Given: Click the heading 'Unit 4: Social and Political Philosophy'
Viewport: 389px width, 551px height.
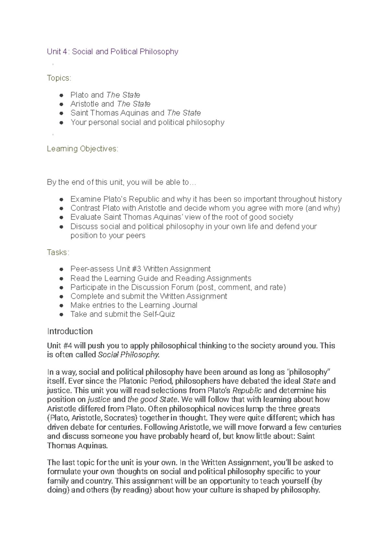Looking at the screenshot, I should click(x=112, y=52).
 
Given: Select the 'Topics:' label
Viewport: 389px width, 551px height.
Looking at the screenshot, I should click(x=59, y=78).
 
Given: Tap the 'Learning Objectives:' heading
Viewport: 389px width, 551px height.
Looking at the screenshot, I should click(x=83, y=149).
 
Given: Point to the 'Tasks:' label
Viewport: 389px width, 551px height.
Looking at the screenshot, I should click(x=58, y=252).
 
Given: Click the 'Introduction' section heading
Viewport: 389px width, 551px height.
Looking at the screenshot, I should click(x=70, y=331).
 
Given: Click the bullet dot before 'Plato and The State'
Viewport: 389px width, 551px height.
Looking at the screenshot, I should click(x=61, y=95).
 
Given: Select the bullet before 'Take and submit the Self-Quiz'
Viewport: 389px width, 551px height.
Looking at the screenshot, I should click(x=61, y=315).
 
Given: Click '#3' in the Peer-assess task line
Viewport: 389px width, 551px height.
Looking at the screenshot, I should click(x=136, y=269).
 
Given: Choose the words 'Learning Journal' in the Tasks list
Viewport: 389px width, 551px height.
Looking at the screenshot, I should click(x=168, y=305).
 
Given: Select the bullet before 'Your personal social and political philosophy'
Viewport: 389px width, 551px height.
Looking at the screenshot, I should click(x=61, y=123).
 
